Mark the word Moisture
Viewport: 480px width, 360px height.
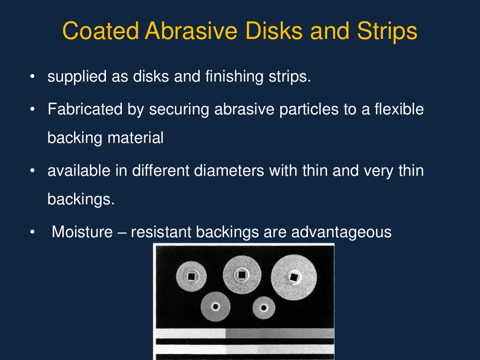82,232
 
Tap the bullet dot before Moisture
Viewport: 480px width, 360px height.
32,232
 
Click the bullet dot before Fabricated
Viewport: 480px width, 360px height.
32,110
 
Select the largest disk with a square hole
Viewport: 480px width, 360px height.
293,277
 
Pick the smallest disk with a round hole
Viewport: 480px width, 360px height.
263,308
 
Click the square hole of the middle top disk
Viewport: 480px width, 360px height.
242,274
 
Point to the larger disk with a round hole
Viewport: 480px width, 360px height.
216,307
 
